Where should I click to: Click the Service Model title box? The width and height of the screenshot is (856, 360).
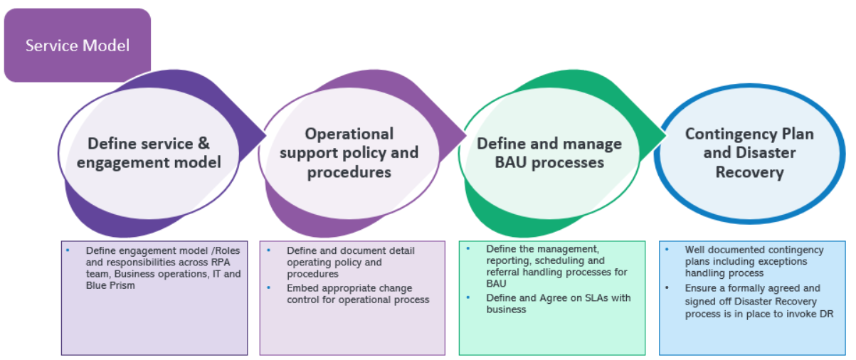pyautogui.click(x=77, y=45)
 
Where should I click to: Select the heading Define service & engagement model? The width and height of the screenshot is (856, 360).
pyautogui.click(x=149, y=153)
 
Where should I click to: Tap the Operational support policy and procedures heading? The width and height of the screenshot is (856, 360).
pyautogui.click(x=349, y=153)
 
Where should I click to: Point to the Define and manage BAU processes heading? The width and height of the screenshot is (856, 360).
pyautogui.click(x=549, y=153)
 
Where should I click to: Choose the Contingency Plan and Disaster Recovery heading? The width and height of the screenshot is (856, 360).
pyautogui.click(x=749, y=153)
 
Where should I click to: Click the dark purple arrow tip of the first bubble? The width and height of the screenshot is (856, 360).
pyautogui.click(x=265, y=135)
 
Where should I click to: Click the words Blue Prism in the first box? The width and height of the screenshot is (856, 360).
pyautogui.click(x=110, y=285)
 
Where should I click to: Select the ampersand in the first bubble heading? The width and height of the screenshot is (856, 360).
pyautogui.click(x=204, y=144)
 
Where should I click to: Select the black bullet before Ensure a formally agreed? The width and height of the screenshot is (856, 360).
pyautogui.click(x=667, y=287)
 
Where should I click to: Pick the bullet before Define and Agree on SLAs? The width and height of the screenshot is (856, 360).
pyautogui.click(x=468, y=297)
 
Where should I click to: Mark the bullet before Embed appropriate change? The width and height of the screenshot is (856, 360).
pyautogui.click(x=269, y=287)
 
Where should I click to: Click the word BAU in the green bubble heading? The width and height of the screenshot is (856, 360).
pyautogui.click(x=511, y=163)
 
